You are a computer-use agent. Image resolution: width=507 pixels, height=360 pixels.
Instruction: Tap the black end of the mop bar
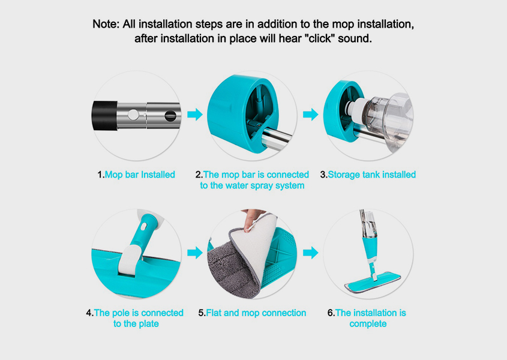point(105,116)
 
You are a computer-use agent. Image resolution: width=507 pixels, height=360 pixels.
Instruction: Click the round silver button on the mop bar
point(133,115)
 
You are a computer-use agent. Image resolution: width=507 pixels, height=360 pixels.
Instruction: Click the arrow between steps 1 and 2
point(194,114)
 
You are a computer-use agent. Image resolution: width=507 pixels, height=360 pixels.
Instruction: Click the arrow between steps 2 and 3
point(310,114)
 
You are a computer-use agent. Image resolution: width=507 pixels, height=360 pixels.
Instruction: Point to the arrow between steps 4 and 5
point(194,253)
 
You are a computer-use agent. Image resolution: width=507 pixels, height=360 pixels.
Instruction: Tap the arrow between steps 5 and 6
point(310,253)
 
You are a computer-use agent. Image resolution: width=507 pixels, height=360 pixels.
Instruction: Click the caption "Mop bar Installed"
point(140,175)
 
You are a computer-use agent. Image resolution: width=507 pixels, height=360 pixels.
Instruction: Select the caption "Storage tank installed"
point(371,175)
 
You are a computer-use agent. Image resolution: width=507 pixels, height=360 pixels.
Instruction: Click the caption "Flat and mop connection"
point(256,313)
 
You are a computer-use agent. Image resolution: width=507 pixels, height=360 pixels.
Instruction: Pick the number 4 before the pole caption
point(89,313)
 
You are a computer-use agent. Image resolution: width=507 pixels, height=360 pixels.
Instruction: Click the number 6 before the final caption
point(330,313)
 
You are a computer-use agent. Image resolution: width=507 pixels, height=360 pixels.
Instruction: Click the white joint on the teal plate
point(130,260)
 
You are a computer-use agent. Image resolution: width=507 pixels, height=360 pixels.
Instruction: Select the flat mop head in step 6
point(373,282)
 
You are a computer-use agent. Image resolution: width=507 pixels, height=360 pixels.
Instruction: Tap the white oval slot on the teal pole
point(143,226)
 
